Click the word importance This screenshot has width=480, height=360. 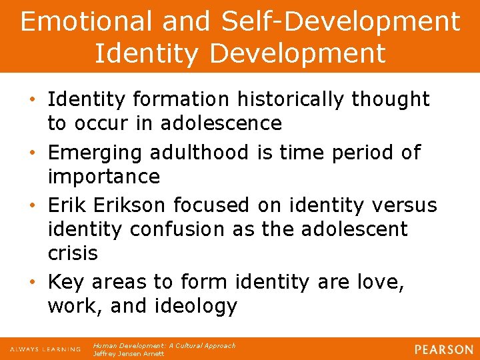click(x=103, y=177)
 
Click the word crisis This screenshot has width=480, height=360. click(x=73, y=253)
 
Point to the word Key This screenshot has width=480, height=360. click(x=66, y=282)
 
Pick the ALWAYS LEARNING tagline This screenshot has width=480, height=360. click(x=45, y=349)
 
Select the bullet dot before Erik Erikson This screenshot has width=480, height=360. click(x=34, y=205)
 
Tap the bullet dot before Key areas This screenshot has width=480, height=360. click(x=34, y=283)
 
